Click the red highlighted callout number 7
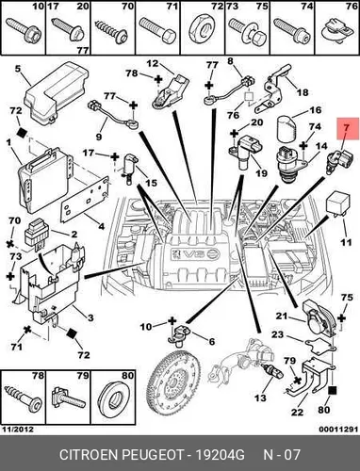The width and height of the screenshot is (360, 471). click(348, 128)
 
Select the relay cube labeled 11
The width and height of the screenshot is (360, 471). click(337, 205)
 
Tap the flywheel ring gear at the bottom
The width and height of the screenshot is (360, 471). click(173, 382)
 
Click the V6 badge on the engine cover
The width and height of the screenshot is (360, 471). click(194, 253)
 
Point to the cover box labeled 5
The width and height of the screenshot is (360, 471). click(57, 91)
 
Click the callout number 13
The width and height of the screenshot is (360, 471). click(260, 398)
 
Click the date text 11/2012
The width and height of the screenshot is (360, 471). click(18, 430)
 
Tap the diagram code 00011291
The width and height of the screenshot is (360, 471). click(338, 430)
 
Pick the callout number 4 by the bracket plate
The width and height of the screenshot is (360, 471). click(101, 225)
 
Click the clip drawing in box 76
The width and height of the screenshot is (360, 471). click(337, 31)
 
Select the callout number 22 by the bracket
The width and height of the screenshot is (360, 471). click(297, 412)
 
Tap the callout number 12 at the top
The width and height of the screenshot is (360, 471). click(153, 64)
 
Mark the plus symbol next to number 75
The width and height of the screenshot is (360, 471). click(341, 318)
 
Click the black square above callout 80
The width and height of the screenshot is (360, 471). click(333, 391)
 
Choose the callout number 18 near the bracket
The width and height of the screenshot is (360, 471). click(302, 92)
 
